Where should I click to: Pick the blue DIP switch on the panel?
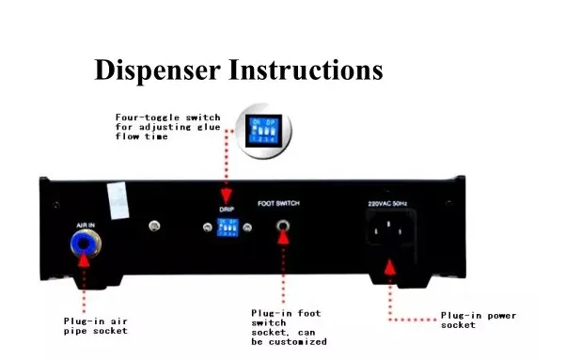(226, 227)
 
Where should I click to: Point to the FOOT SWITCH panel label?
(280, 201)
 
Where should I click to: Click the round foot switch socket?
(280, 227)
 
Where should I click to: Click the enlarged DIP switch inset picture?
(264, 132)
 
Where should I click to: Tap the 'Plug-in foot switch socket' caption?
(288, 326)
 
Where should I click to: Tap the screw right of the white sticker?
(153, 227)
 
